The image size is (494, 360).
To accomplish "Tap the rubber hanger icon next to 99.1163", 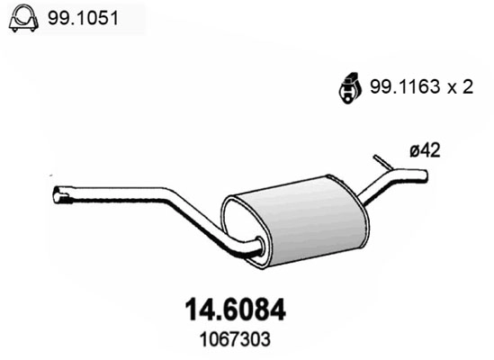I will pos(347,86).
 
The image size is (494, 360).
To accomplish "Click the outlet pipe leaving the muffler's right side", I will pos(371,192).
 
